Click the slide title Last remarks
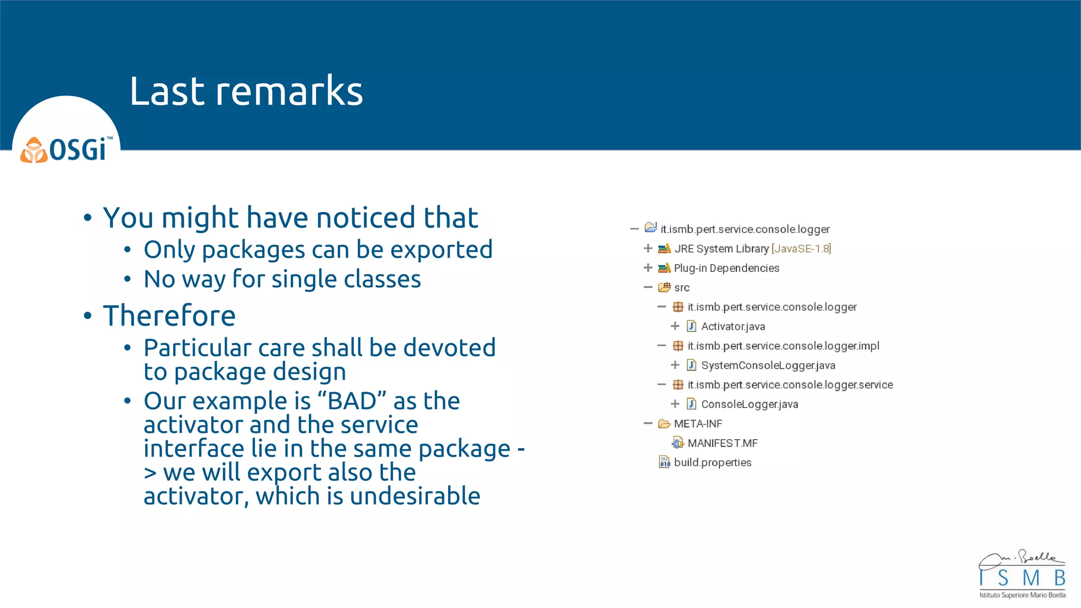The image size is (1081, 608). click(x=246, y=91)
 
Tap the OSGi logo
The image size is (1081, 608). click(x=66, y=149)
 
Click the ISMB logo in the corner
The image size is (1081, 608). click(x=1022, y=575)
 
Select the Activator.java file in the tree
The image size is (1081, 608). click(x=733, y=327)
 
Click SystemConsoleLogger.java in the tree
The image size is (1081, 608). click(x=767, y=365)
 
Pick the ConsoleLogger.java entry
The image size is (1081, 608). click(x=749, y=404)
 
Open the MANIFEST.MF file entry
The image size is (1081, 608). click(x=722, y=443)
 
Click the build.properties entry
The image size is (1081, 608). click(x=712, y=463)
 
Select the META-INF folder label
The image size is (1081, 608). click(x=698, y=424)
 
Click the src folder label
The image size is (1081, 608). click(x=681, y=288)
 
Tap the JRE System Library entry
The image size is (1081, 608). click(x=721, y=249)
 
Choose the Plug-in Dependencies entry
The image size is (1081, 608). click(x=726, y=268)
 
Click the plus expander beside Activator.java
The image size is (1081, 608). click(x=675, y=326)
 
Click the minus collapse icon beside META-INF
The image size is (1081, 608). click(x=648, y=423)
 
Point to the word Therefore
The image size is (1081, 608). click(x=169, y=316)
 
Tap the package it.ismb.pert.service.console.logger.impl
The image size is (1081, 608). click(x=783, y=346)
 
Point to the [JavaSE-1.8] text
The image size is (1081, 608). click(x=801, y=249)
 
